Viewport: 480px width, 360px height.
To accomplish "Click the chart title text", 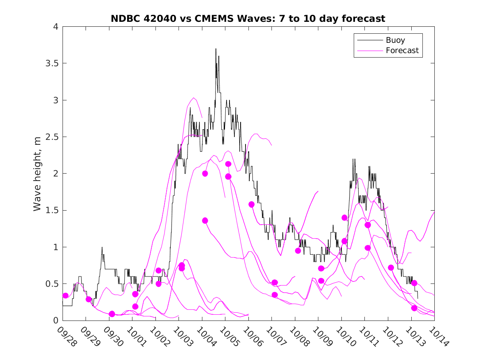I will point(248,19).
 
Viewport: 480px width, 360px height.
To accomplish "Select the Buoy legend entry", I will point(395,40).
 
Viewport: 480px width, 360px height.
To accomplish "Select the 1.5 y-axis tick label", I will point(51,210).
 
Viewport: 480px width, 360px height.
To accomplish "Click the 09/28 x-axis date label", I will point(67,337).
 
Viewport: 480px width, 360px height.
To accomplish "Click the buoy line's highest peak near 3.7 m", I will point(216,49).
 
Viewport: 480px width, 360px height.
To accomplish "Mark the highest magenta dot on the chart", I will point(228,164).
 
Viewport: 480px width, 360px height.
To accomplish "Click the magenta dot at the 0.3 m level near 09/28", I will point(65,295).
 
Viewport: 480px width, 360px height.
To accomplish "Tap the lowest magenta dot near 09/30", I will point(112,314).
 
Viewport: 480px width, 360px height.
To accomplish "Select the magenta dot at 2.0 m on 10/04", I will point(205,174).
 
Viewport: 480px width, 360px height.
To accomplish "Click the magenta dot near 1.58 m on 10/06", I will point(252,204).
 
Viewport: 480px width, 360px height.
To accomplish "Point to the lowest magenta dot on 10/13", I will point(414,308).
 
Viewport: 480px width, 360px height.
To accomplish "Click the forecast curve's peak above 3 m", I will point(194,98).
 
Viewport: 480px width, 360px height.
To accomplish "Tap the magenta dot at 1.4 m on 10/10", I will point(345,218).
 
